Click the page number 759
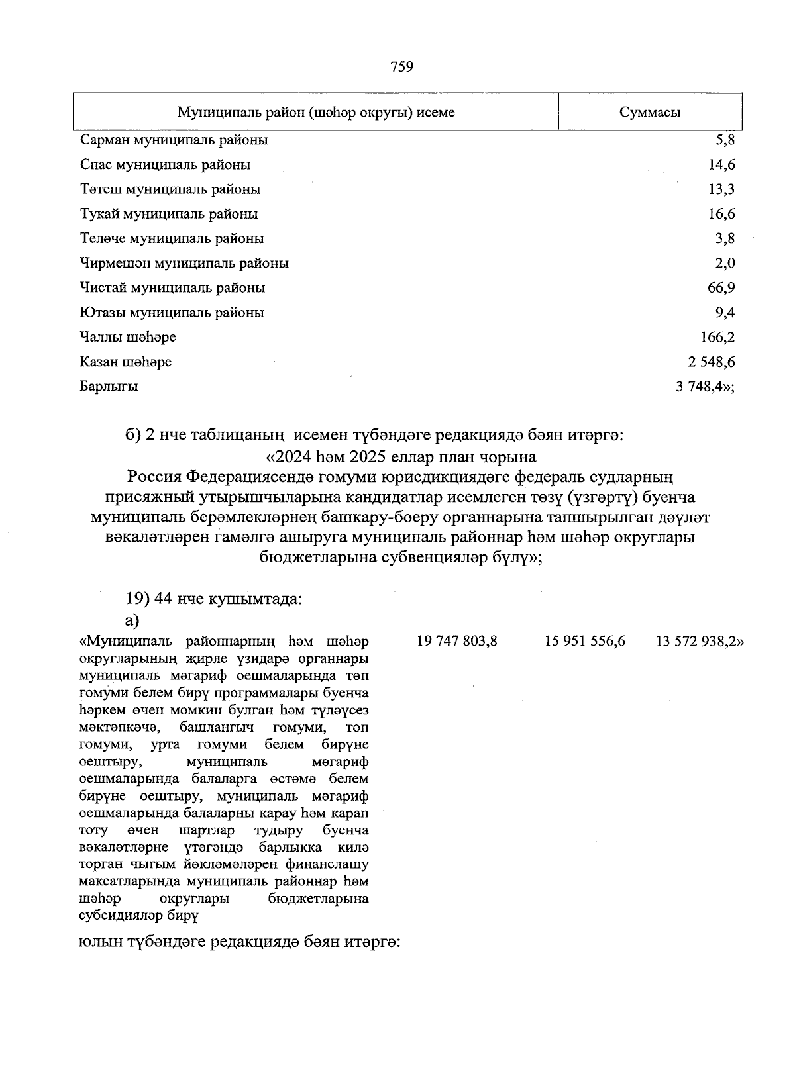pos(402,66)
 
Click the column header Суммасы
pos(649,112)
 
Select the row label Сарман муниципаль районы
pos(174,140)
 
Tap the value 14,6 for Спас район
pos(721,165)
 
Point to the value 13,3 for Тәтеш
pos(721,189)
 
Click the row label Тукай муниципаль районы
pos(168,214)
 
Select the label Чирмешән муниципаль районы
pos(184,264)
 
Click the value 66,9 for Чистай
pos(721,288)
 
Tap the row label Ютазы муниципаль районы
pos(172,313)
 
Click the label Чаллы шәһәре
pos(127,338)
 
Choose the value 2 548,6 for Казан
pos(711,362)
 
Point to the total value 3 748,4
pos(704,387)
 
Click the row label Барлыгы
pos(109,387)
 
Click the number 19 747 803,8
pos(456,641)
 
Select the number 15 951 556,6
pos(585,641)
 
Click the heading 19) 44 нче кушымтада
pos(214,599)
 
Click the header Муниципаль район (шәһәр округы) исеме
pos(315,112)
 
